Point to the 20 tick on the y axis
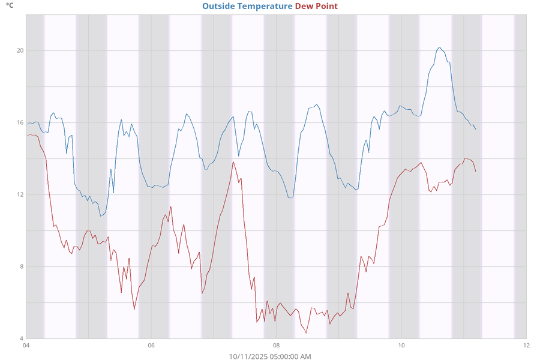click(20, 50)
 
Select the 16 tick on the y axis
click(20, 122)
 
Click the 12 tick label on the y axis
click(20, 194)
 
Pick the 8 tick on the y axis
click(21, 266)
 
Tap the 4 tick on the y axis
click(21, 338)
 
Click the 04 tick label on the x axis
click(26, 346)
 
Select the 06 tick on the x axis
click(151, 346)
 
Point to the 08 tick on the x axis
click(276, 346)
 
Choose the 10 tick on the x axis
click(401, 346)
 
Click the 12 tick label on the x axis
click(526, 346)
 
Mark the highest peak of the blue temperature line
click(439, 47)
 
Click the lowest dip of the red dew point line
click(306, 332)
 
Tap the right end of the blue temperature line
click(476, 129)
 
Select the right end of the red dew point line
click(476, 172)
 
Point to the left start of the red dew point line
click(26, 136)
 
